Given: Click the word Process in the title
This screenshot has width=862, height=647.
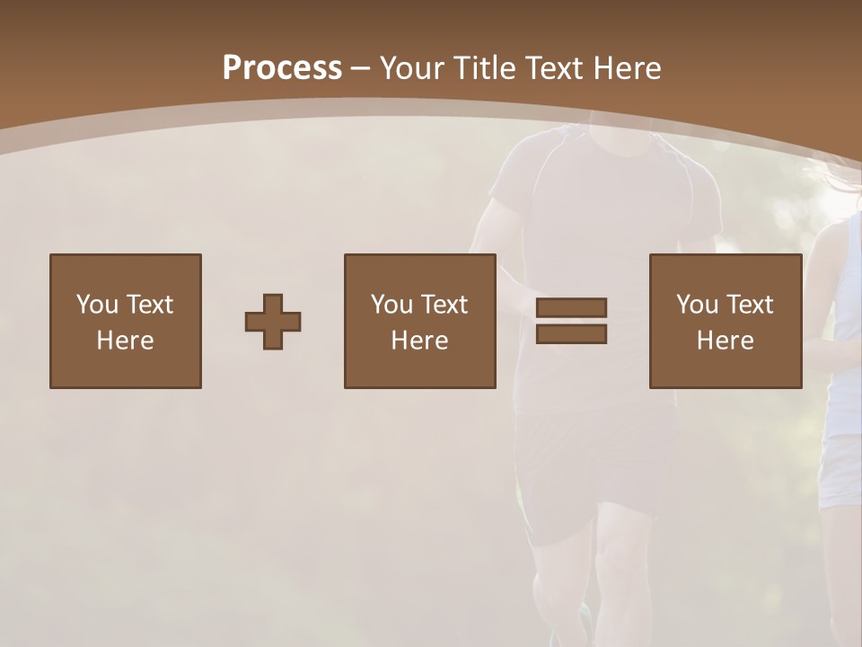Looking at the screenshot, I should (x=282, y=68).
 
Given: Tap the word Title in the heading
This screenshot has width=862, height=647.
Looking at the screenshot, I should (x=487, y=68).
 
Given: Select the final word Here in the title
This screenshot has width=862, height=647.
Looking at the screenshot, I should (x=628, y=68).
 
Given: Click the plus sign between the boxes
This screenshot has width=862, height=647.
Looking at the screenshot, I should (x=273, y=321).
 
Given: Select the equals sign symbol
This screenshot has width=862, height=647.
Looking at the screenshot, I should (x=571, y=321).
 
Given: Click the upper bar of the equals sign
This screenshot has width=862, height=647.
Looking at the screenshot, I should (x=571, y=308).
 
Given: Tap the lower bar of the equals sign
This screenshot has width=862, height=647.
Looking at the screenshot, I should (x=571, y=333).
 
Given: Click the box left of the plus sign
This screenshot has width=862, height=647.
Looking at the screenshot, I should (x=126, y=321).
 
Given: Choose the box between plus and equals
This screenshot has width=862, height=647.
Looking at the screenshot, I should (x=420, y=321).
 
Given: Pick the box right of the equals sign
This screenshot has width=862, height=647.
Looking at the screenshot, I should (x=726, y=321).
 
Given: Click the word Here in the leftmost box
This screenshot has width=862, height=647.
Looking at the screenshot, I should (x=126, y=341).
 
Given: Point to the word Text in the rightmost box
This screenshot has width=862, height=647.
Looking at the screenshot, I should (x=750, y=305).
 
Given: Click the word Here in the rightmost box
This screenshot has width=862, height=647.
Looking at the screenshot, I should (x=726, y=341).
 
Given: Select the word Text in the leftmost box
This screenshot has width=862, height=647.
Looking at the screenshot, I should (x=149, y=305).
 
